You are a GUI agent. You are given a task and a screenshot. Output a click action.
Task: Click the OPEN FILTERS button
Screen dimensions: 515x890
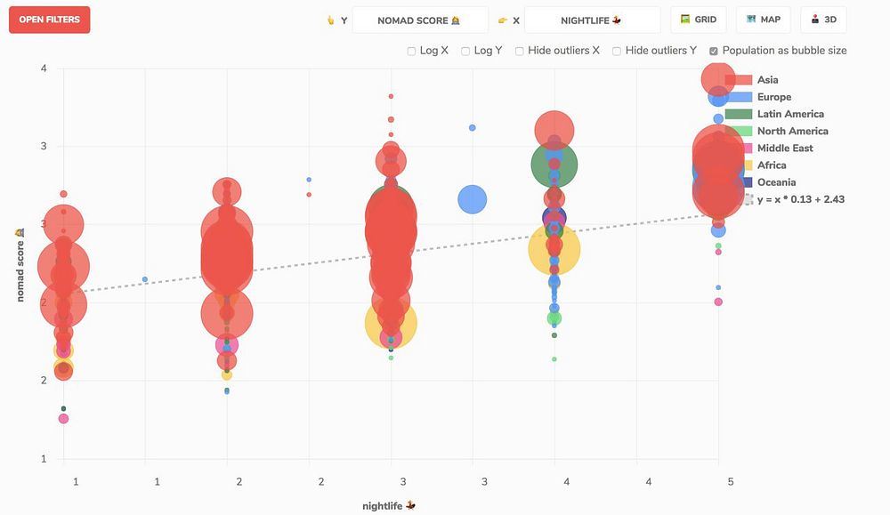click(x=50, y=20)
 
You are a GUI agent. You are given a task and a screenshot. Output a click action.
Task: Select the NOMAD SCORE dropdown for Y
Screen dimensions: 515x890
click(x=420, y=20)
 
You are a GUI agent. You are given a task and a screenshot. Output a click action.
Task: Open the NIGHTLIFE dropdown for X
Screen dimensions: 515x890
click(x=592, y=20)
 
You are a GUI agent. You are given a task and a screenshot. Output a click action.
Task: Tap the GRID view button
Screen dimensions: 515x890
click(x=698, y=20)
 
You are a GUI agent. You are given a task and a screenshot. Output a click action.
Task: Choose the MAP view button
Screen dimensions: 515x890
click(x=763, y=20)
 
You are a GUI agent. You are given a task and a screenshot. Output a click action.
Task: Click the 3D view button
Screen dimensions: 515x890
click(x=823, y=20)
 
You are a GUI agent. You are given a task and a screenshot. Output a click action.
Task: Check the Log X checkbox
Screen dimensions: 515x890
click(x=412, y=52)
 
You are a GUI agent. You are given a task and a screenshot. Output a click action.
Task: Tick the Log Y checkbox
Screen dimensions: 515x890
click(x=465, y=52)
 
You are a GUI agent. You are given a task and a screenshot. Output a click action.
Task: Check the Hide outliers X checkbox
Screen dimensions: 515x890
click(x=520, y=52)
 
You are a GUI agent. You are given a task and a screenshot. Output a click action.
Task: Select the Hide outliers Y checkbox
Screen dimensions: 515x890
click(x=617, y=52)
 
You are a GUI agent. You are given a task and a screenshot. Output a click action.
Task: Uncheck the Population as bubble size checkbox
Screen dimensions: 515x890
click(x=714, y=52)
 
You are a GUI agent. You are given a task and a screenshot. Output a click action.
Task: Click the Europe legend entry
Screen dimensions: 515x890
click(x=773, y=97)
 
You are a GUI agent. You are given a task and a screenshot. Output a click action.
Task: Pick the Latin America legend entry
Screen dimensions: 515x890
click(x=789, y=114)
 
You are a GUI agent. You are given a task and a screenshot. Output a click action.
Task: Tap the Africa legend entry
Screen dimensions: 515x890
click(x=771, y=165)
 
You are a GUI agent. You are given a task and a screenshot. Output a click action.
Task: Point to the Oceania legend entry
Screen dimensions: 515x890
click(x=776, y=182)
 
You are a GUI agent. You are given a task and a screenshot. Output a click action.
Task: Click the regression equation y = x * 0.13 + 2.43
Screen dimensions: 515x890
click(x=800, y=199)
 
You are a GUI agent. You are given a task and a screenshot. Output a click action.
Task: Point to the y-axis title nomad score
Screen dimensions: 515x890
click(x=20, y=264)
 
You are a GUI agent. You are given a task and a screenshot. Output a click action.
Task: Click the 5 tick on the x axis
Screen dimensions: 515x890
click(x=730, y=481)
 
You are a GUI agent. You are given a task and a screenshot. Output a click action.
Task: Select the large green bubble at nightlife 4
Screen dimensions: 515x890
click(x=554, y=164)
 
